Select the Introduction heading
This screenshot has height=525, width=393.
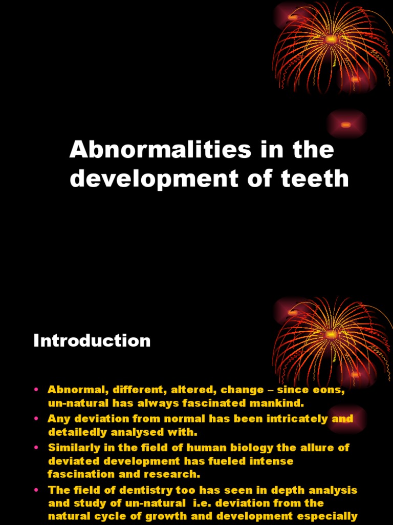[x=92, y=341]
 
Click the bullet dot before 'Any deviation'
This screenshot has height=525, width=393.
[x=36, y=419]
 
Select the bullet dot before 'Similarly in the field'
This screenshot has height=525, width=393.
[x=36, y=448]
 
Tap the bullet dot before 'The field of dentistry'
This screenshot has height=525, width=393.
[x=36, y=490]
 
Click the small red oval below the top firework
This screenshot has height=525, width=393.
[x=346, y=125]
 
